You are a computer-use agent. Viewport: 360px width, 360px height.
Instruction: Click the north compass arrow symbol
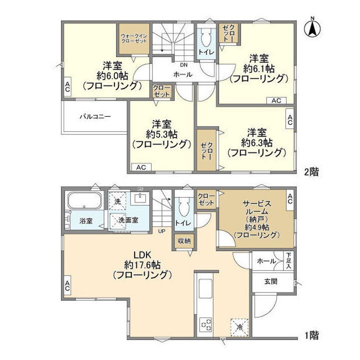(x=312, y=28)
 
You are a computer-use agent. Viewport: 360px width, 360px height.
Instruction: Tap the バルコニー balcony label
(x=95, y=117)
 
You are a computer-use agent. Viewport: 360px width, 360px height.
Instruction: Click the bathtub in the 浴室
(x=84, y=203)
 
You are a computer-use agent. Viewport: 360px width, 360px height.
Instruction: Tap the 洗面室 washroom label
(x=128, y=220)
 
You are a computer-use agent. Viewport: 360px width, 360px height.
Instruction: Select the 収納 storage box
(x=183, y=240)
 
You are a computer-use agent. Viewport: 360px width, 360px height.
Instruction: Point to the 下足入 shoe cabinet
(x=288, y=261)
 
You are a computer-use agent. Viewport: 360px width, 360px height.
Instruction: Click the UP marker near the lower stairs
(x=162, y=231)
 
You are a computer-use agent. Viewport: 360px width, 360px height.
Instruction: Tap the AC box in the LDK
(x=66, y=286)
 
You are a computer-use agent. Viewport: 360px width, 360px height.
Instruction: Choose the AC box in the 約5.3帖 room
(x=140, y=167)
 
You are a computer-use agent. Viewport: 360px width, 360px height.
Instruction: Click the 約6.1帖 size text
(x=258, y=68)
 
